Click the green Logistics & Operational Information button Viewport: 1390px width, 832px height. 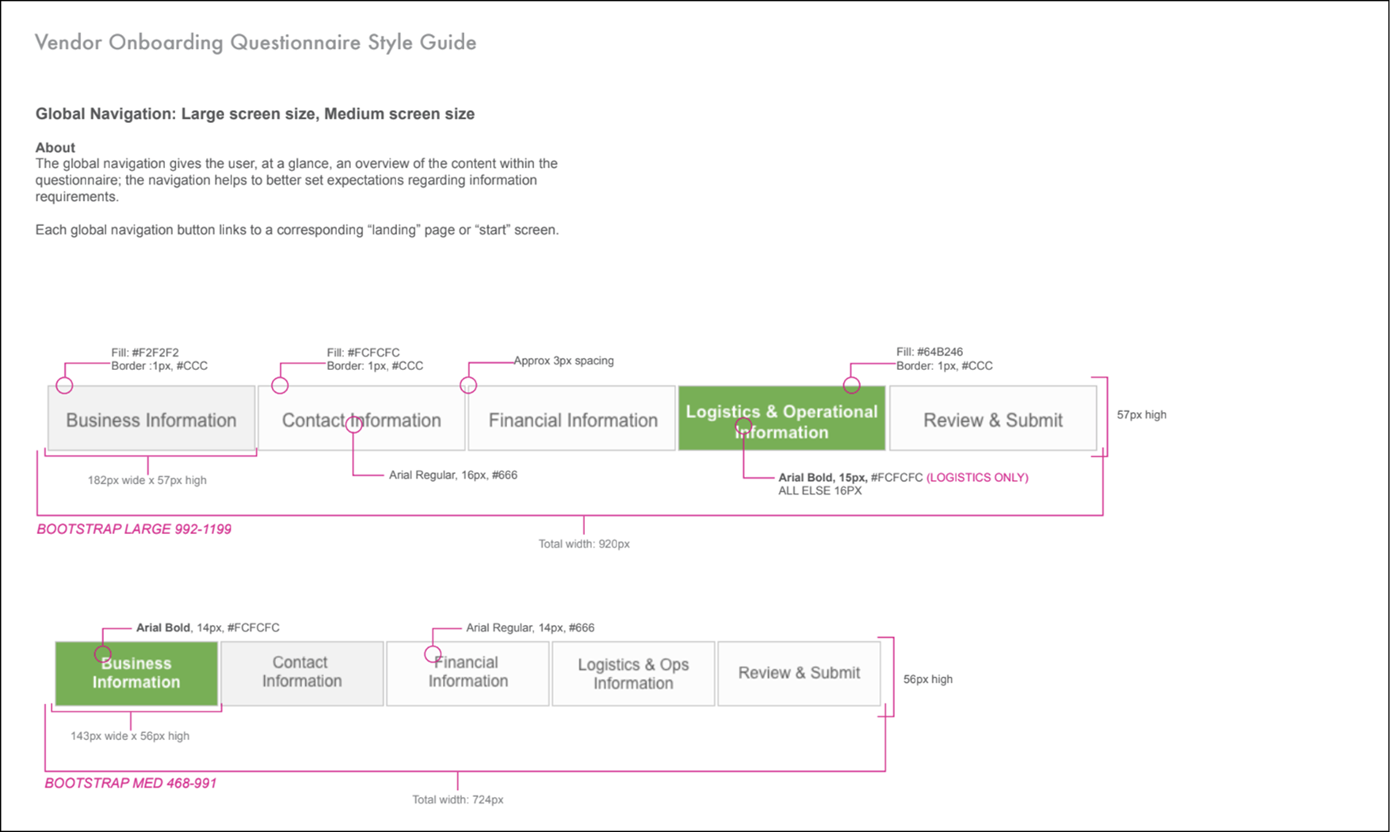(781, 419)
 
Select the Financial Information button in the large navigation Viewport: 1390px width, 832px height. (572, 419)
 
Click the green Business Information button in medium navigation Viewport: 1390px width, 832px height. (136, 674)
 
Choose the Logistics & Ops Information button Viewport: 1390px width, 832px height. (633, 674)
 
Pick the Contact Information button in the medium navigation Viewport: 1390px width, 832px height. (302, 674)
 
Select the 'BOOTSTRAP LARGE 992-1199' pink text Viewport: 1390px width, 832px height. (134, 529)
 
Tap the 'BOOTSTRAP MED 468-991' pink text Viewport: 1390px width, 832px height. (130, 784)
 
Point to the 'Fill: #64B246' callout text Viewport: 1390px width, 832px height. (930, 352)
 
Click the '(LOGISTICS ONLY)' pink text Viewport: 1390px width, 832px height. (977, 478)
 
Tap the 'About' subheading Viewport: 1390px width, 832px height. (55, 147)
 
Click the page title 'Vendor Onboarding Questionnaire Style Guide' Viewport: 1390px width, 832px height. (255, 43)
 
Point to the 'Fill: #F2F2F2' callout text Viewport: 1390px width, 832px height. (145, 353)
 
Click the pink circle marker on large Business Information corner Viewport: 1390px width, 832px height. (64, 386)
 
